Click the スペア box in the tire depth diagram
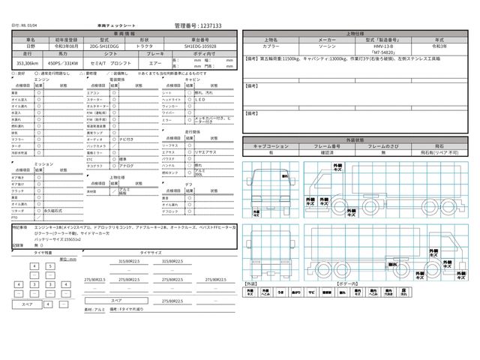pyautogui.click(x=26, y=304)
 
